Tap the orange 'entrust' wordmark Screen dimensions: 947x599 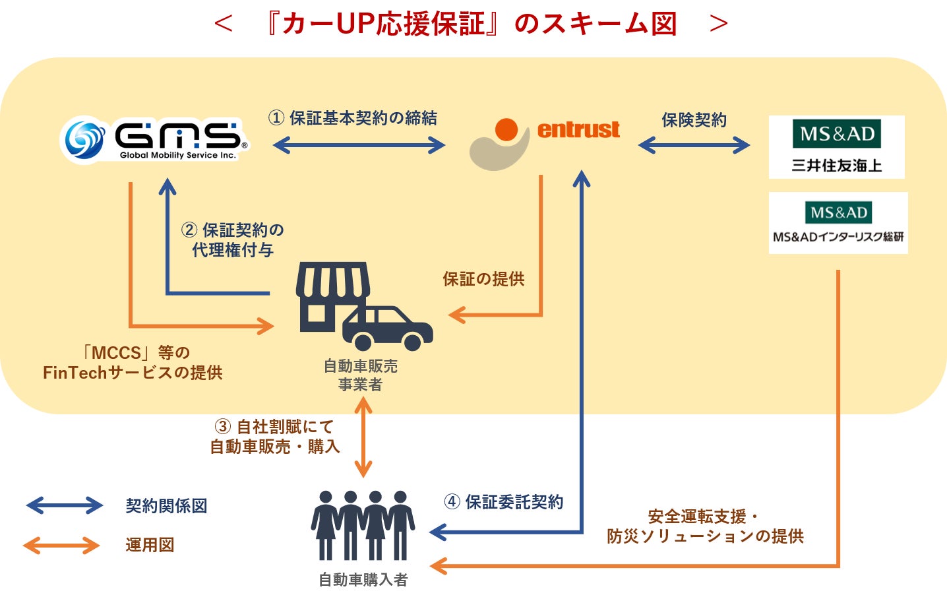click(578, 129)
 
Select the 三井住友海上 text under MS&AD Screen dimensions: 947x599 click(837, 166)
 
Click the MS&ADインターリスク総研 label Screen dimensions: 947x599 click(838, 237)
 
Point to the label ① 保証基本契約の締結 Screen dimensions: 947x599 click(353, 118)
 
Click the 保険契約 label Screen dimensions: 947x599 click(694, 120)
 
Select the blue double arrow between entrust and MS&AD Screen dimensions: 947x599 click(694, 145)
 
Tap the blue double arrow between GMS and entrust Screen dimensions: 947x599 click(359, 145)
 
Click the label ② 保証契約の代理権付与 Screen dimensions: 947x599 click(233, 240)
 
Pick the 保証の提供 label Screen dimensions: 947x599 click(483, 279)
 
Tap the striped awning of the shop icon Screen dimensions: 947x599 click(333, 279)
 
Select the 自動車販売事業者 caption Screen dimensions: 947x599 click(361, 375)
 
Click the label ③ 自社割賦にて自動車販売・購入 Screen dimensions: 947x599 click(275, 437)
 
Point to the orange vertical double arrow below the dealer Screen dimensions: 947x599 click(363, 437)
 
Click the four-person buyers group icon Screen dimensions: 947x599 click(363, 525)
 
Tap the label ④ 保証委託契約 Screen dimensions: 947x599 click(504, 502)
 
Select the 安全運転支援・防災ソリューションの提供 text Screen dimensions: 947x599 click(705, 526)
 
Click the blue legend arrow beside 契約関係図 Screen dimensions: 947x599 click(64, 505)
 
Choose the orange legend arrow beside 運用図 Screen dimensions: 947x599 click(62, 546)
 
